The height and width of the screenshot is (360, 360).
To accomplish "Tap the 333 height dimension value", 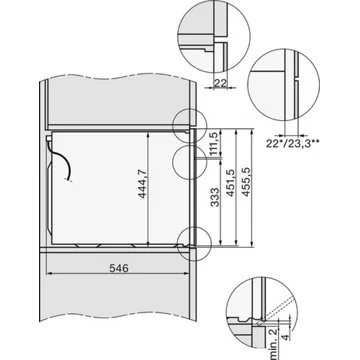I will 204,196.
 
